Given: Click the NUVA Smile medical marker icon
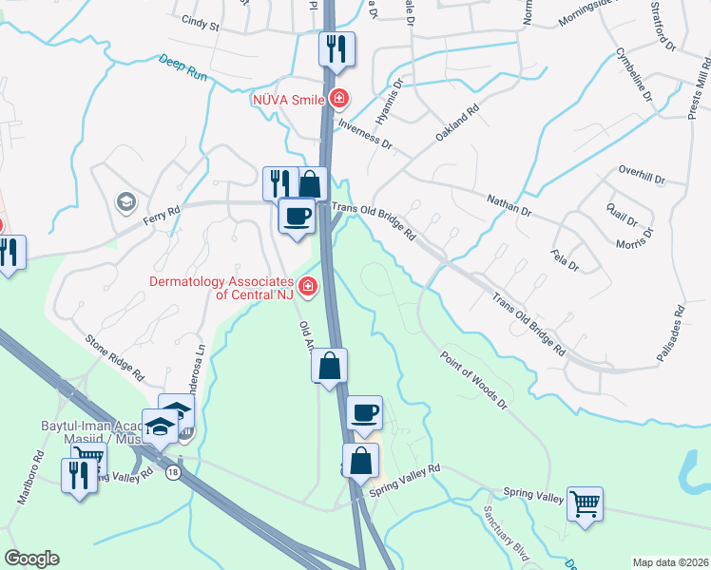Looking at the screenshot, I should tap(339, 98).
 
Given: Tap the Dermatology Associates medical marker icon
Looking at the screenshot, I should tap(307, 285).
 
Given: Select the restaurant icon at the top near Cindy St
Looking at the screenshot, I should tap(336, 48).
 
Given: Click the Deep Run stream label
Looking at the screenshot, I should tap(183, 66).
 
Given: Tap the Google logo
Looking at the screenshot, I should tap(31, 559).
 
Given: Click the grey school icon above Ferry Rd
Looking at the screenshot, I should tap(125, 201).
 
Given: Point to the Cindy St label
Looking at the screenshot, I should tap(201, 23).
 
